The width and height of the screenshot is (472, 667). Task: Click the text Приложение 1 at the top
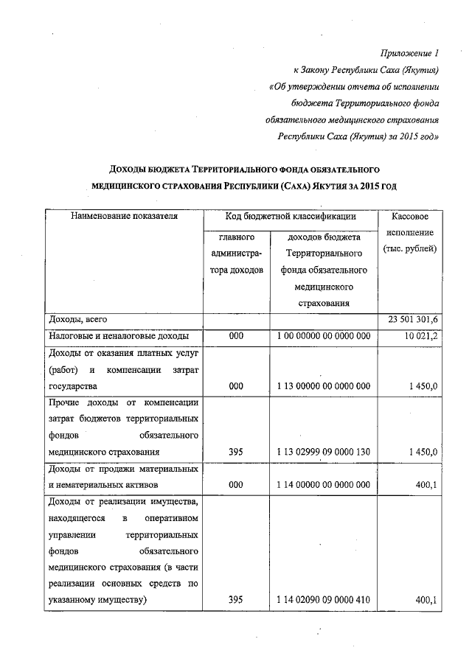point(408,54)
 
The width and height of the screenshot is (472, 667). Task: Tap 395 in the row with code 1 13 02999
point(236,451)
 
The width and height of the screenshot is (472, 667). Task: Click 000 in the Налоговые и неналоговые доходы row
point(236,336)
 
